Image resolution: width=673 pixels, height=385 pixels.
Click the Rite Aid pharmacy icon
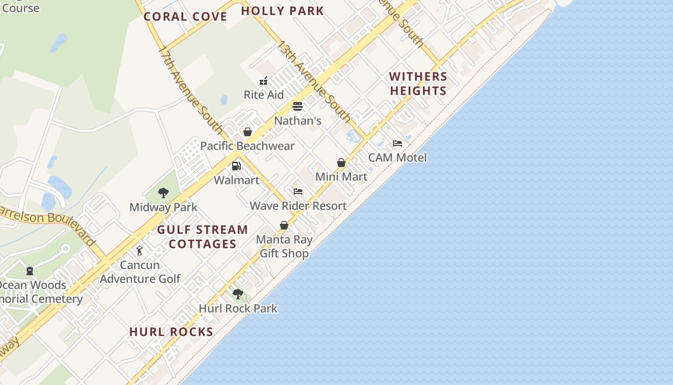point(263,81)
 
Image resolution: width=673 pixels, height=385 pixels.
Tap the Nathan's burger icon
point(298,106)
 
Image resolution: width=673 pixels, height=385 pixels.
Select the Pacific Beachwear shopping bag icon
point(248,132)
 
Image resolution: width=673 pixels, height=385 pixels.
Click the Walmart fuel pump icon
point(236,166)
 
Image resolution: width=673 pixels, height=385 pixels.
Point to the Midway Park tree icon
point(163,193)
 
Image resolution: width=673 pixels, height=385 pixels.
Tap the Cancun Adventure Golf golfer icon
point(139,251)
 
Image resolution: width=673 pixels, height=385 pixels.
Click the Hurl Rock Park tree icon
point(237,294)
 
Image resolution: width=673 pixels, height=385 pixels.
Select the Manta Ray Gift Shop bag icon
point(284,225)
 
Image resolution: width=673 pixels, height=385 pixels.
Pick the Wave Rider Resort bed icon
point(298,192)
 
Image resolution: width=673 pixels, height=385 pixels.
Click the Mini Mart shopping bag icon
point(341,163)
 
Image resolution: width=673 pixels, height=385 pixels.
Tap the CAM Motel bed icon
point(398,143)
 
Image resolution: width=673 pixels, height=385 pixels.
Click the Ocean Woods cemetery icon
point(30,271)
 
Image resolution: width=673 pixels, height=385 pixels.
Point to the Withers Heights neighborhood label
point(418,83)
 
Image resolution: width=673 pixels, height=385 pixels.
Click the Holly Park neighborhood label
point(282,11)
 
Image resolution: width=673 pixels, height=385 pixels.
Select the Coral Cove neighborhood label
point(186,16)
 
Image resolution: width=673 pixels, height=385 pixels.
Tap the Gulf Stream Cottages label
point(202,236)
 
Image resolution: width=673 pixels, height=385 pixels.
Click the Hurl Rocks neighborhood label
point(171,332)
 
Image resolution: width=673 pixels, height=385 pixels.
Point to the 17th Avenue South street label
point(191,90)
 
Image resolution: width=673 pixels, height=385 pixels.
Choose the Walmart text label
point(237,180)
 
